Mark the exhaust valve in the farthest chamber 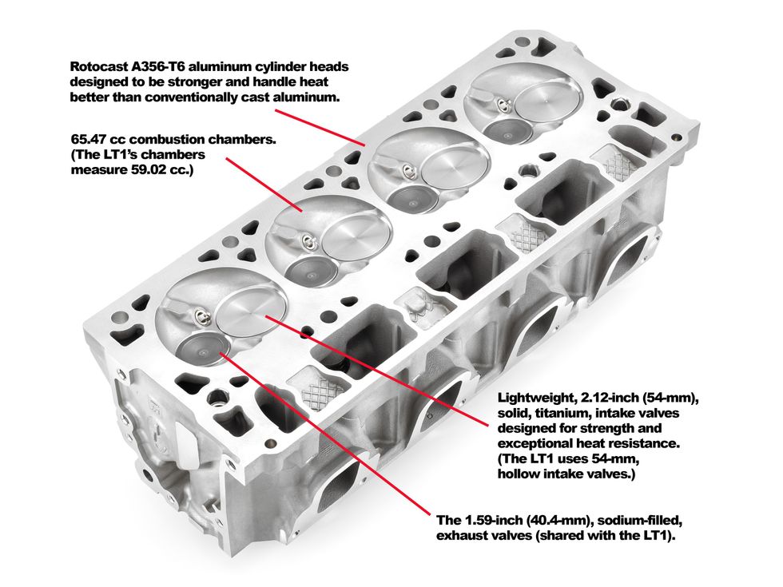click(504, 131)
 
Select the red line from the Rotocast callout click(320, 126)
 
